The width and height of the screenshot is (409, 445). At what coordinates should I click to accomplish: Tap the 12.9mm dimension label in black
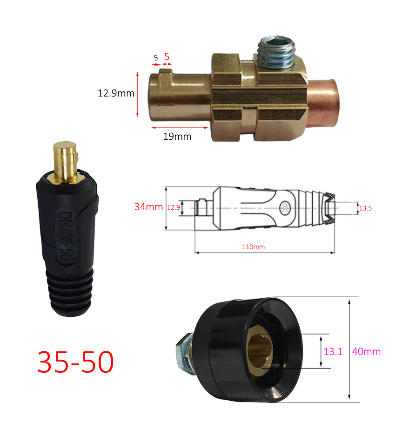click(115, 93)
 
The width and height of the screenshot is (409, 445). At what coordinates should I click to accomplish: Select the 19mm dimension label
click(177, 137)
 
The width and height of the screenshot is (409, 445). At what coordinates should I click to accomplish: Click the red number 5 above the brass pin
click(167, 56)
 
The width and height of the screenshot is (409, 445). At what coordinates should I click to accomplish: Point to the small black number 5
click(156, 57)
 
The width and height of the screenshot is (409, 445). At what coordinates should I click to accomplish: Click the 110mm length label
click(253, 247)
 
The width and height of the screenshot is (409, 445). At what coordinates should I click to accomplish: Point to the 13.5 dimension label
click(365, 208)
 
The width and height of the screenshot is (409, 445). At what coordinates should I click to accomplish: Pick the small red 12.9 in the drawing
click(173, 207)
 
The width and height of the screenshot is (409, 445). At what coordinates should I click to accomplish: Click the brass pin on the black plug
click(65, 161)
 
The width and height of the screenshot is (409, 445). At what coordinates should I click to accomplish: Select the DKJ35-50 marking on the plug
click(64, 233)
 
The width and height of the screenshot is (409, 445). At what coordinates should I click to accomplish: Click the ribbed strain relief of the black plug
click(70, 291)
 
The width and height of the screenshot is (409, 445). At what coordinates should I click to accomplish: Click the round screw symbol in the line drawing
click(285, 206)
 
